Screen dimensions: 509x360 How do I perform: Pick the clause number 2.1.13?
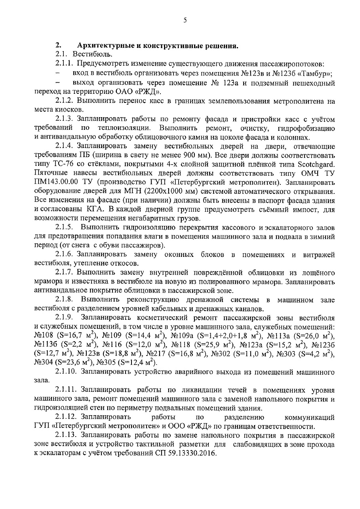click(x=67, y=435)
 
